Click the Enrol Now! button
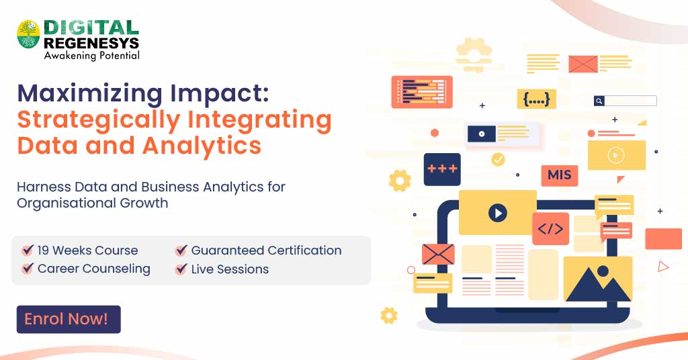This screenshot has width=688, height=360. (68, 320)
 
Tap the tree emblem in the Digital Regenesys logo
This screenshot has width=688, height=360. (28, 34)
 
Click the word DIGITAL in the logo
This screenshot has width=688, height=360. (91, 28)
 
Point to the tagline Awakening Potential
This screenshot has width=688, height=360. (91, 56)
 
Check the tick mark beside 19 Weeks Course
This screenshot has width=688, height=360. (28, 251)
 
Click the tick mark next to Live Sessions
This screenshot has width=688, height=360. (181, 269)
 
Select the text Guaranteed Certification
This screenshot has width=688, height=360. (266, 251)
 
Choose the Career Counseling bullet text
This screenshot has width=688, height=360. (94, 269)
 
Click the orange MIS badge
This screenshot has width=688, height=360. (559, 175)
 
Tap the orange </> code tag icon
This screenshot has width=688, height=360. (550, 228)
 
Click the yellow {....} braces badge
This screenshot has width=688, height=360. (536, 99)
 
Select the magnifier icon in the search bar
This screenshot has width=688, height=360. (599, 101)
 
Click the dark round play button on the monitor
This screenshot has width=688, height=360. (497, 214)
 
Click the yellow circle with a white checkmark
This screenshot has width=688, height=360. (498, 159)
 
